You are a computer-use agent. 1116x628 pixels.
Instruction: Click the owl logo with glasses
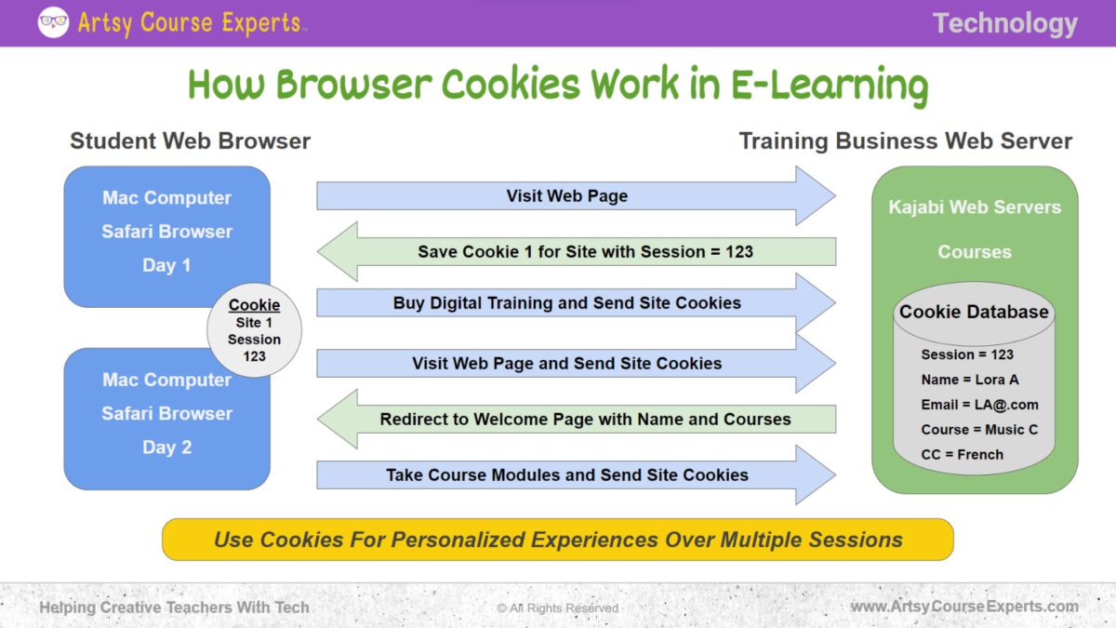pos(53,22)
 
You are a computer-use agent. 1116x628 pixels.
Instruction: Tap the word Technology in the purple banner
pos(1004,23)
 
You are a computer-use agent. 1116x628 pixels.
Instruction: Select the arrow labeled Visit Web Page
pos(566,196)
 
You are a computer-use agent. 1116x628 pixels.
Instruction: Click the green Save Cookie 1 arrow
pos(585,251)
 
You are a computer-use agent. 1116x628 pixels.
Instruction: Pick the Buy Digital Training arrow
pos(566,303)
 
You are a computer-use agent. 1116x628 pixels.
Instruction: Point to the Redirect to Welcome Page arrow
pos(585,420)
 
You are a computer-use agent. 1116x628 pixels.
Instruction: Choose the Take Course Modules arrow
pos(566,475)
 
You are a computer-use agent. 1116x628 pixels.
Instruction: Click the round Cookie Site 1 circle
pos(254,329)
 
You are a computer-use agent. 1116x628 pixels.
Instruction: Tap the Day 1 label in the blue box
pos(166,265)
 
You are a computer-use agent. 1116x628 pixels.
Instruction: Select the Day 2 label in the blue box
pos(166,448)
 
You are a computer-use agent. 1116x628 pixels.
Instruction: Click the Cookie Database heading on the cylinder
pos(974,313)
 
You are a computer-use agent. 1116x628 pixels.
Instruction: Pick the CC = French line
pos(962,455)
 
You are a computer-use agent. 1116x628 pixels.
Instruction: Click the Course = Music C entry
pos(979,430)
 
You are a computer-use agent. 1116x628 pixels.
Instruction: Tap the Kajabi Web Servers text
pos(974,207)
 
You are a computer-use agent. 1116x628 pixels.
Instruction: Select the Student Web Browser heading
pos(190,141)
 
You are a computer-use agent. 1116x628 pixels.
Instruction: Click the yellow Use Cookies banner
pos(558,540)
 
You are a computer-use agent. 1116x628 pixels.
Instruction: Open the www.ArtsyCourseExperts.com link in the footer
pos(964,607)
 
